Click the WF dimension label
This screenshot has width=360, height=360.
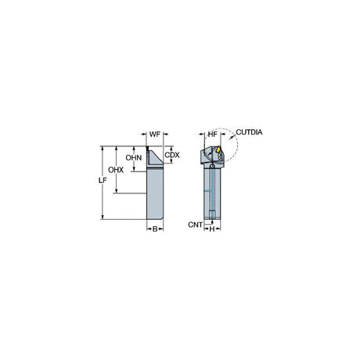(x=155, y=135)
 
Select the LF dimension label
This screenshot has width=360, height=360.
(x=103, y=180)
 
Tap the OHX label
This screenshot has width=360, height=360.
(x=116, y=170)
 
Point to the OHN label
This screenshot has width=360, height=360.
(x=134, y=157)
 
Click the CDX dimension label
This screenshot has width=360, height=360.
(x=172, y=155)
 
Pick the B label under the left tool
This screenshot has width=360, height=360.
(x=155, y=229)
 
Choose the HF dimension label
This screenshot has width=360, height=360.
(x=213, y=135)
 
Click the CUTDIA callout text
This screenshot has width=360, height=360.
(x=249, y=132)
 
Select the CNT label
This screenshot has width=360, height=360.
(x=195, y=225)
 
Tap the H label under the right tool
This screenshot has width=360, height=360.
(x=212, y=229)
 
